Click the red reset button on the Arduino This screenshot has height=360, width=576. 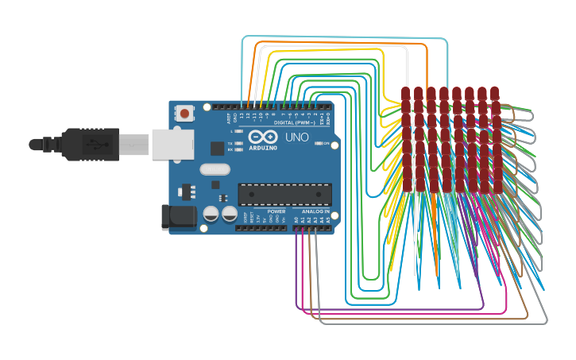185,114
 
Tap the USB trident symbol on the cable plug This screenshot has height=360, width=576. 94,145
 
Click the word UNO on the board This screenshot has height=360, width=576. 297,137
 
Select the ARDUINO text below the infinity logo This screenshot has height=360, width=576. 263,148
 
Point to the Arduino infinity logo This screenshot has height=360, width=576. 263,137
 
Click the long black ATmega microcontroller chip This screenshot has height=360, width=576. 285,195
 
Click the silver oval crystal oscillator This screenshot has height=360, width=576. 215,168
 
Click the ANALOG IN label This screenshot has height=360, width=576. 315,212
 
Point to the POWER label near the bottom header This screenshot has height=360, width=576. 276,212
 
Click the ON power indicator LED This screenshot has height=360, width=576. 317,143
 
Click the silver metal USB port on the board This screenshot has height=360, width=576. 172,145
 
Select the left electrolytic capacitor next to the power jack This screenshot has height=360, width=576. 211,213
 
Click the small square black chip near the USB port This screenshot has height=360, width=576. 217,148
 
